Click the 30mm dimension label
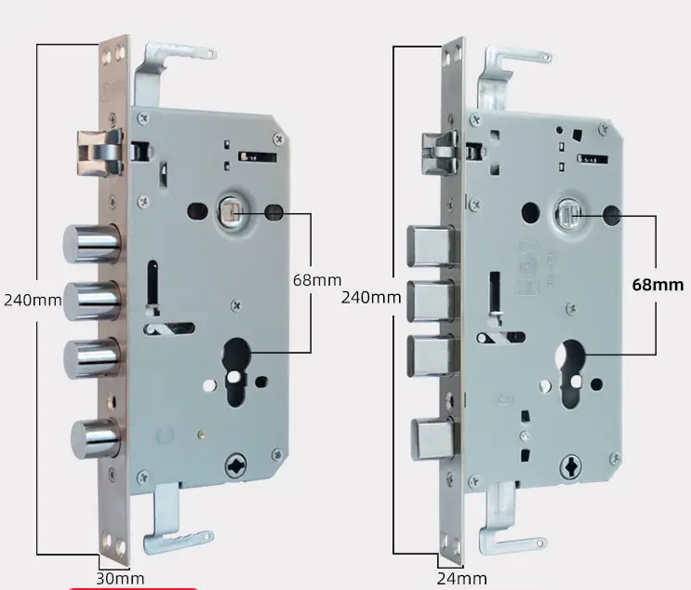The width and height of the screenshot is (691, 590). point(120,579)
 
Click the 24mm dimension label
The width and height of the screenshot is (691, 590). point(462,578)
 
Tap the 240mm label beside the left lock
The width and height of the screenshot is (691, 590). point(33,301)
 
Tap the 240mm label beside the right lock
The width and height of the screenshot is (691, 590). point(371,298)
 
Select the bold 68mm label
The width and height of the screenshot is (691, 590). point(658,285)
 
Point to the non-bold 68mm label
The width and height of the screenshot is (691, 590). point(317,280)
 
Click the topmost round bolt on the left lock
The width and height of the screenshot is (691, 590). point(92,244)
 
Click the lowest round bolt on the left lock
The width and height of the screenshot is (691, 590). point(96,438)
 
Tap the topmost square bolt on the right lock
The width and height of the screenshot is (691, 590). point(431,246)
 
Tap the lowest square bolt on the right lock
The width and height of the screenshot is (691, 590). point(433,439)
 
